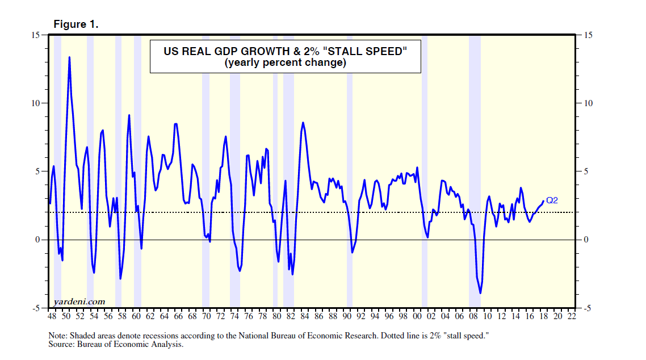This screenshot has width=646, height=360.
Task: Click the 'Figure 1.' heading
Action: click(x=75, y=24)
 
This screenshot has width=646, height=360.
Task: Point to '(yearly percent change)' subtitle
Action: click(x=285, y=62)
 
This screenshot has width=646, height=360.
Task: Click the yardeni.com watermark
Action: click(x=79, y=301)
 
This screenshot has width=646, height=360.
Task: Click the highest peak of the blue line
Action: click(x=69, y=57)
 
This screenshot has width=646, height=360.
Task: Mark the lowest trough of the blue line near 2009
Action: click(x=480, y=293)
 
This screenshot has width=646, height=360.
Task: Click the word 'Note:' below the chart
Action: click(x=58, y=336)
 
